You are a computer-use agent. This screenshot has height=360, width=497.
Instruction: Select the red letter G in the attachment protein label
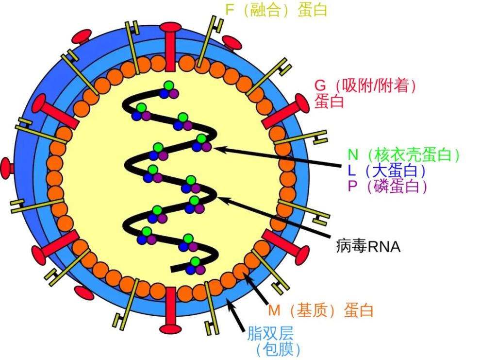[320, 86]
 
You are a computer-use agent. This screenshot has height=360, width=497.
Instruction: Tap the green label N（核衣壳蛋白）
[403, 155]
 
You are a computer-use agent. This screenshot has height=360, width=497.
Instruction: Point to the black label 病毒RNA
[368, 246]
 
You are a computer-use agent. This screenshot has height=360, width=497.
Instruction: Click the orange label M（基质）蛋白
[320, 310]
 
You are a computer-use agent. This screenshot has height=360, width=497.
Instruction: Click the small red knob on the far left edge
[7, 168]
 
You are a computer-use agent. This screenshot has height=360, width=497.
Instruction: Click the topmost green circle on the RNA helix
[169, 86]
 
